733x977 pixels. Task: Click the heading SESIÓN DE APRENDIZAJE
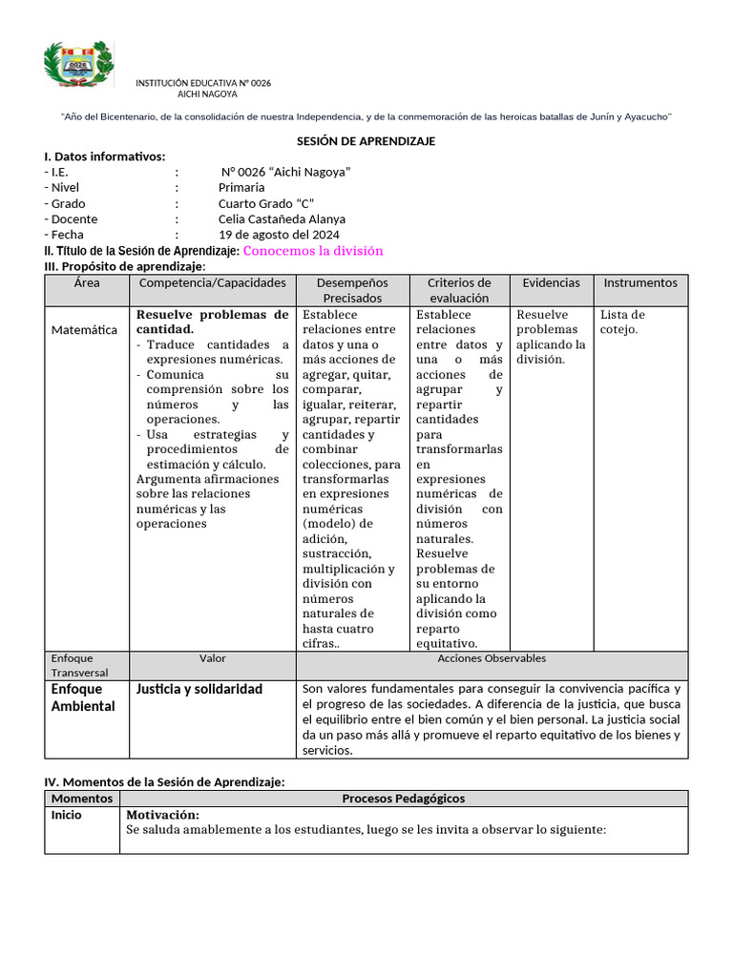(x=366, y=141)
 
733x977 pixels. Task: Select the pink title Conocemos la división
(x=313, y=251)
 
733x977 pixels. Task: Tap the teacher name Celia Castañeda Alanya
(x=282, y=219)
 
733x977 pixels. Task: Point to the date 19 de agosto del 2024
(x=279, y=235)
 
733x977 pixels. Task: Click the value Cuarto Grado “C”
(x=265, y=203)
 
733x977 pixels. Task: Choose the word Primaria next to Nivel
(x=241, y=188)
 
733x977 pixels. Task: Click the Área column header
(x=87, y=283)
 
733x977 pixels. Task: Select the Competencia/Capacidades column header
(x=213, y=283)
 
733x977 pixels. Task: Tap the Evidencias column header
(x=551, y=283)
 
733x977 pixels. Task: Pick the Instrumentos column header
(x=640, y=283)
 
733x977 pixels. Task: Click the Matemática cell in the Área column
(x=84, y=330)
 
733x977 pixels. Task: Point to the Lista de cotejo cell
(x=622, y=322)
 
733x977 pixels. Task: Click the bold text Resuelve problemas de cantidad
(x=212, y=322)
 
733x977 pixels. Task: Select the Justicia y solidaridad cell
(x=199, y=689)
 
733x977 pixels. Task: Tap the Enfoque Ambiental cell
(x=82, y=697)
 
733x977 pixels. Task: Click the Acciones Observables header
(x=492, y=658)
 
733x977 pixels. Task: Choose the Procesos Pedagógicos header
(x=403, y=799)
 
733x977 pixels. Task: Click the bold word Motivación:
(x=162, y=815)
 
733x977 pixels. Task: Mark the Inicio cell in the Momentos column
(x=67, y=815)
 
